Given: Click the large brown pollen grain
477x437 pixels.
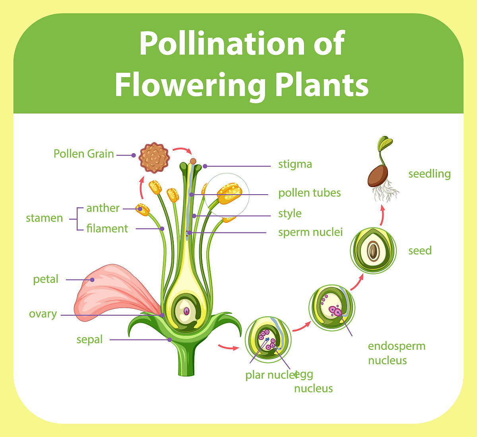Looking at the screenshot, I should point(154,158).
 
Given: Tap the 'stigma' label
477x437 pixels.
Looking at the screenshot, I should point(295,164).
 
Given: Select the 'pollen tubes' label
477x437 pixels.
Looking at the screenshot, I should point(309,193).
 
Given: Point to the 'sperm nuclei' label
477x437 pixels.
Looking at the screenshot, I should point(310,232).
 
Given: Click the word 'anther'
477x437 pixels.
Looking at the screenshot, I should point(103,208).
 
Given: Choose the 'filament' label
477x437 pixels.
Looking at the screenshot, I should point(107,229).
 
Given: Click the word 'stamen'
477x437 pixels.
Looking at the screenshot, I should point(44,218).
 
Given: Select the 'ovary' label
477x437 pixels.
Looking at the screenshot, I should point(43,314).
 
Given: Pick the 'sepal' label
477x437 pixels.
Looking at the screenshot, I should point(89,339).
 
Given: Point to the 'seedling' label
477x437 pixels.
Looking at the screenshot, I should point(429,174).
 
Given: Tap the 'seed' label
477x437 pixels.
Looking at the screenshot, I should point(420,251).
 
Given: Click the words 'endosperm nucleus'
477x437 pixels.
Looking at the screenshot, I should point(396,353).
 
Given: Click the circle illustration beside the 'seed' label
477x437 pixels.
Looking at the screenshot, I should point(373,250).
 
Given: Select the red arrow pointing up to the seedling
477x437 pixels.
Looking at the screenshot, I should point(382,215).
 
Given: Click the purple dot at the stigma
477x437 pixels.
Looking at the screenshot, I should point(205,166).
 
